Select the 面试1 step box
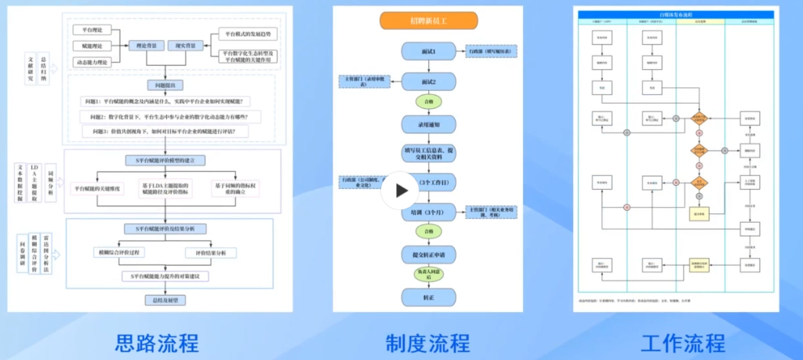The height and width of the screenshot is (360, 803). point(428,52)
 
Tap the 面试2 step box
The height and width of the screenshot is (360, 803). point(428,82)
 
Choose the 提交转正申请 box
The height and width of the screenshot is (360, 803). point(428,255)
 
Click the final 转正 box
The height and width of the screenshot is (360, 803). point(428,297)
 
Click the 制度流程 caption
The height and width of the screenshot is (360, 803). point(427,343)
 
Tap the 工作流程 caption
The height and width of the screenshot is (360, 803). point(682,343)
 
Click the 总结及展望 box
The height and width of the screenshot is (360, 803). point(165,300)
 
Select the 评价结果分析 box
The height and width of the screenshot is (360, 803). point(211,253)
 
